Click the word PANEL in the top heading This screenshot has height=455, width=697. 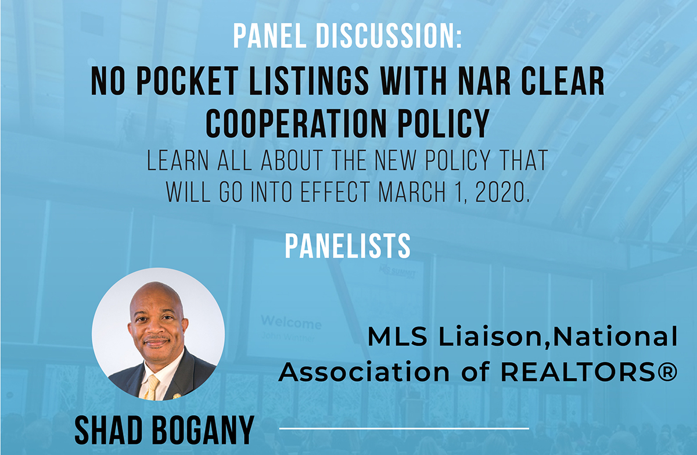(x=270, y=37)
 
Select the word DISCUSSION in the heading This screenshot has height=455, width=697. (x=389, y=37)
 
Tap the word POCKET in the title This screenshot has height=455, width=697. (x=188, y=81)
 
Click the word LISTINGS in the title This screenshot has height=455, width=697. (x=309, y=81)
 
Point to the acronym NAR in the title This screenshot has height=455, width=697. (x=484, y=81)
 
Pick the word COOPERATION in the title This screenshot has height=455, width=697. (x=295, y=123)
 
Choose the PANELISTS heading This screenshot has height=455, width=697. (x=348, y=246)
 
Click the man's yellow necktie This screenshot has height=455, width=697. (x=152, y=388)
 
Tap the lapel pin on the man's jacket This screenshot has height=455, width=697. (x=177, y=396)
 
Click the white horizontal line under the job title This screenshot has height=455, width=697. (x=404, y=428)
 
